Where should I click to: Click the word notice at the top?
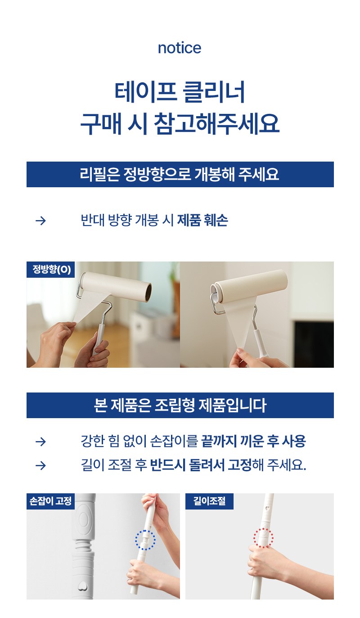click(x=180, y=48)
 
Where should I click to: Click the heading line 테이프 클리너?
click(x=180, y=92)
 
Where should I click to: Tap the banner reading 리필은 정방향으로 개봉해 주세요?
click(x=180, y=174)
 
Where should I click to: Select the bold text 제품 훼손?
click(x=202, y=220)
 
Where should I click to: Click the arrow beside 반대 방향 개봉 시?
click(x=41, y=221)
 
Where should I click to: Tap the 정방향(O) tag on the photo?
click(x=51, y=269)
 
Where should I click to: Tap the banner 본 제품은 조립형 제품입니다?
click(x=180, y=405)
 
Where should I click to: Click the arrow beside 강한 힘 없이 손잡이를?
click(x=41, y=442)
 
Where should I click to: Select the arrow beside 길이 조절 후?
click(x=41, y=466)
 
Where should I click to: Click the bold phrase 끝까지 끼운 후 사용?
click(x=253, y=441)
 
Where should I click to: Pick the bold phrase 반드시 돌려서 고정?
click(x=201, y=465)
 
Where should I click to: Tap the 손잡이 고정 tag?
click(x=51, y=501)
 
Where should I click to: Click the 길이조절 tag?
click(x=209, y=501)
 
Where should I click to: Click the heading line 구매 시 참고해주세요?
click(x=180, y=124)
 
